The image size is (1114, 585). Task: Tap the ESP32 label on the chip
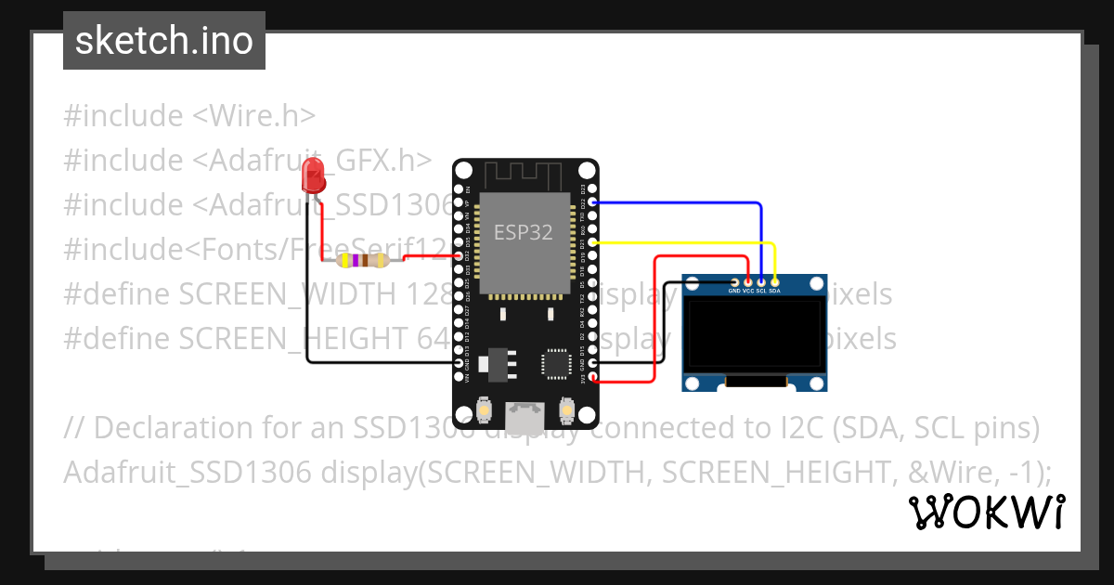pos(523,232)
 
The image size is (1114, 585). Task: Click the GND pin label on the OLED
pos(734,291)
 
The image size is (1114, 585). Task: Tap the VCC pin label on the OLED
pos(747,291)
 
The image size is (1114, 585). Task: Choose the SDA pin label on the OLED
pos(774,291)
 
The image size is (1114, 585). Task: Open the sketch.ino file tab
pos(164,41)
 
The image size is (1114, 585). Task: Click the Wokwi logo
pos(986,512)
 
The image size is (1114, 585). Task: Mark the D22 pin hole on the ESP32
pos(593,201)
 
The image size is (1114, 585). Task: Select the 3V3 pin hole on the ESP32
pos(593,376)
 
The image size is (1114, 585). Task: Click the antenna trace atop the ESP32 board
pos(523,174)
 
